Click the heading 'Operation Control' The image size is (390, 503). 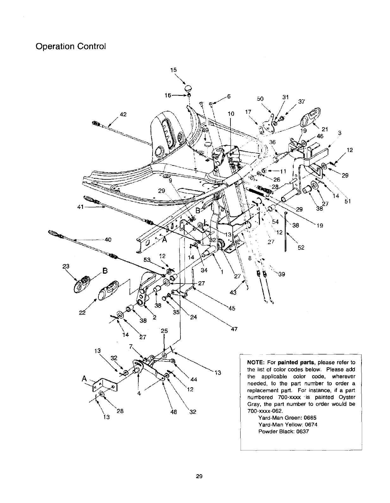click(x=70, y=46)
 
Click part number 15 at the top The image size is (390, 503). click(x=173, y=70)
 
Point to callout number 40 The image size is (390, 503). click(x=108, y=239)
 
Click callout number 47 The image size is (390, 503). click(x=234, y=329)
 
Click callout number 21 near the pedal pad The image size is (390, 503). click(x=324, y=129)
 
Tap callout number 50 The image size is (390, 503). click(x=260, y=98)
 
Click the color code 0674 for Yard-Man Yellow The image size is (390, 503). click(x=311, y=425)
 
